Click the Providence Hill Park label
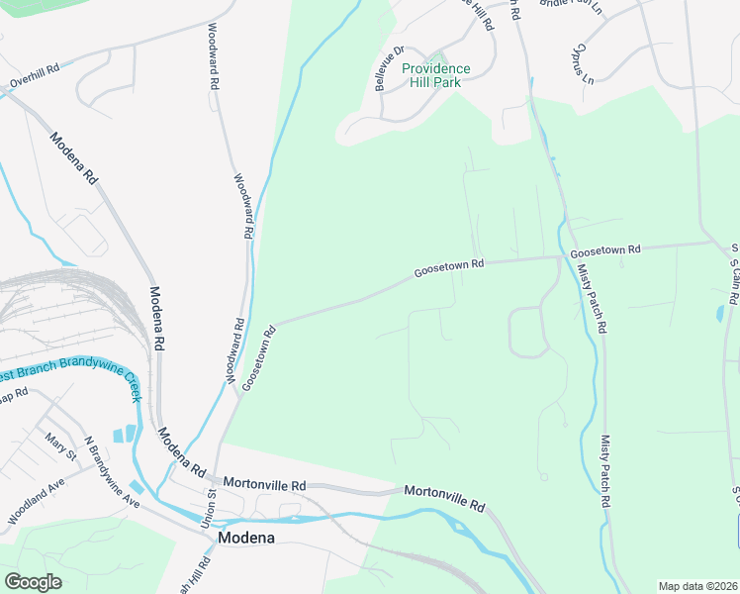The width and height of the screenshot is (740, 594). pyautogui.click(x=436, y=75)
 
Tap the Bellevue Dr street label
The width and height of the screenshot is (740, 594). pyautogui.click(x=390, y=68)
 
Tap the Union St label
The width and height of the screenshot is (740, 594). pyautogui.click(x=211, y=505)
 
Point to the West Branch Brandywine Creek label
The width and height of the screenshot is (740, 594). pyautogui.click(x=63, y=374)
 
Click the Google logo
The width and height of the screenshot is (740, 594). pyautogui.click(x=33, y=582)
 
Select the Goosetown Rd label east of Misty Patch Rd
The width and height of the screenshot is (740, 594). pyautogui.click(x=604, y=249)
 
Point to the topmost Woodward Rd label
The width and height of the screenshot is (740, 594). pyautogui.click(x=212, y=58)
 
